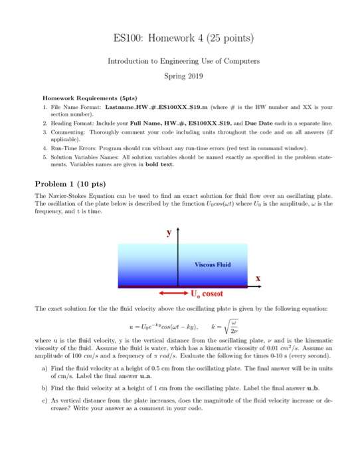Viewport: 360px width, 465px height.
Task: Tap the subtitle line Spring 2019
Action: pos(180,76)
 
